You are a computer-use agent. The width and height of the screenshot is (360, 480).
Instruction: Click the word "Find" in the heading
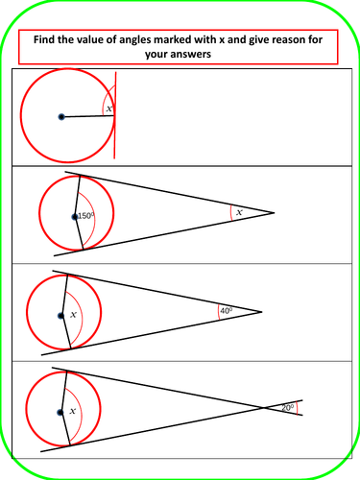[47, 40]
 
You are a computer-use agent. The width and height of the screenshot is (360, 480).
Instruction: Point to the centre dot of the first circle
[60, 117]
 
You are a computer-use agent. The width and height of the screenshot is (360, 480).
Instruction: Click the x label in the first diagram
[108, 109]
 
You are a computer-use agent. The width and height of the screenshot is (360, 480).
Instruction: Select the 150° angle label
[85, 216]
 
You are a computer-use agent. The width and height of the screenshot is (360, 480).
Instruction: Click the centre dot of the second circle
[75, 217]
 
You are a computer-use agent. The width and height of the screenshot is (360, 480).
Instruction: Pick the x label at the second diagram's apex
[239, 211]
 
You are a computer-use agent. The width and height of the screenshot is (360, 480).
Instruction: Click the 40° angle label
[227, 310]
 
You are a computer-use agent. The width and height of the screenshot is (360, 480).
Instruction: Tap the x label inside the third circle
[72, 315]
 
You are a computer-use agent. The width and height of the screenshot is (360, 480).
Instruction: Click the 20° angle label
[287, 408]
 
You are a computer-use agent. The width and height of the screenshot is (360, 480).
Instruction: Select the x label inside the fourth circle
[72, 411]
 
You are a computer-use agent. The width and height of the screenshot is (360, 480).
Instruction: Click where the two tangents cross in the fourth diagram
[265, 408]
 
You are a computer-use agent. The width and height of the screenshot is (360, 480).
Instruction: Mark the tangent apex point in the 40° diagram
[261, 311]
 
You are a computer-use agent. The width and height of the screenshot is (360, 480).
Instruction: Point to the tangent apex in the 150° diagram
[275, 212]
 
